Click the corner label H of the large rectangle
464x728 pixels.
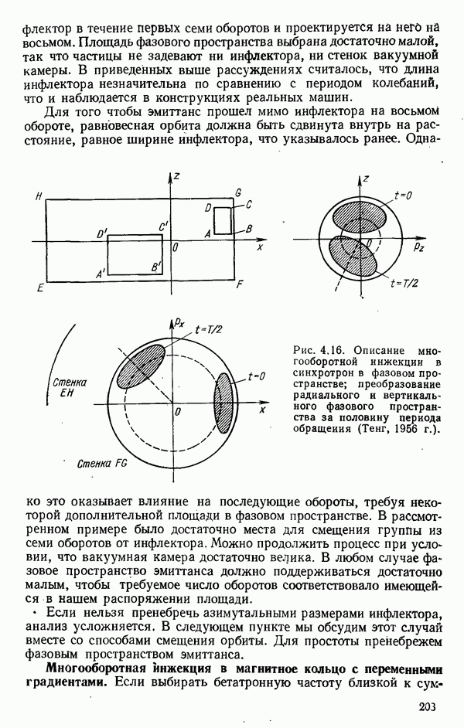[x=38, y=197]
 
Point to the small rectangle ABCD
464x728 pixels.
[x=223, y=220]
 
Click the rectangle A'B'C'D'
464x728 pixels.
[x=135, y=257]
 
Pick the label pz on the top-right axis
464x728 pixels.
[x=418, y=247]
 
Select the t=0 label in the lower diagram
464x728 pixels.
[x=258, y=376]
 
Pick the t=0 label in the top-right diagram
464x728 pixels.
[x=402, y=196]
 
